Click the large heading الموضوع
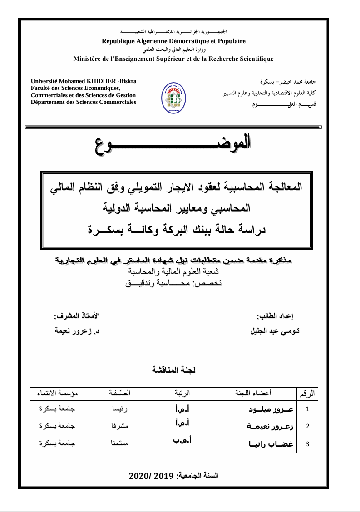[173, 143]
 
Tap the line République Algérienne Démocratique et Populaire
[174, 41]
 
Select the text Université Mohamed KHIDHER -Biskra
[83, 81]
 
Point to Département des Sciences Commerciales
[83, 102]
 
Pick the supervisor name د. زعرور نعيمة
[77, 331]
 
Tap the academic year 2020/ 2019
[174, 476]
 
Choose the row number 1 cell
[308, 409]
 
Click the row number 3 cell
[308, 444]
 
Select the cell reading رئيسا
[121, 409]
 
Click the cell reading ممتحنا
[121, 444]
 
